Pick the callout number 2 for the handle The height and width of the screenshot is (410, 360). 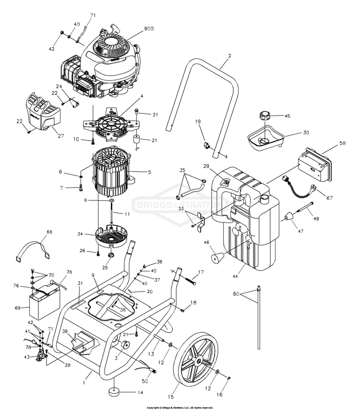pyautogui.click(x=229, y=56)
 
